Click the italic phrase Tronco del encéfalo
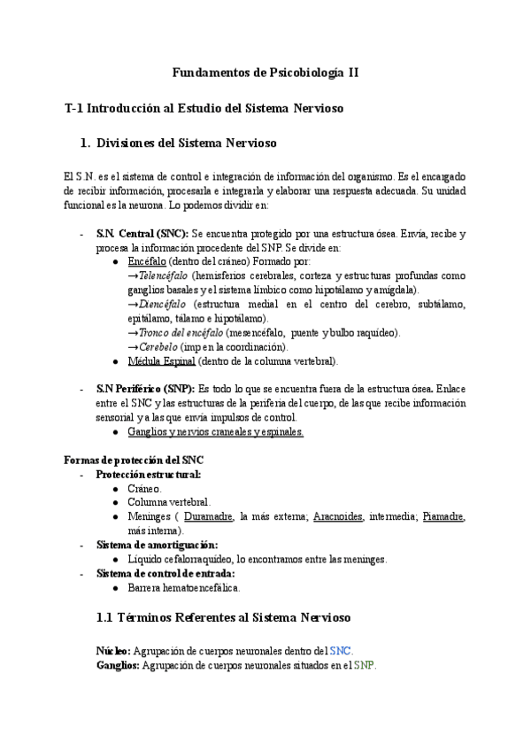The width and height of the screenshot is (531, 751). pos(181,333)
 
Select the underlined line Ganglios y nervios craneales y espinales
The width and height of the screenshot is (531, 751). pos(215,432)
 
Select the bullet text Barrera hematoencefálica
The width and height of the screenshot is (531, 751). pos(183,587)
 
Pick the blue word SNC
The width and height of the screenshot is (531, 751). pos(340,651)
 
